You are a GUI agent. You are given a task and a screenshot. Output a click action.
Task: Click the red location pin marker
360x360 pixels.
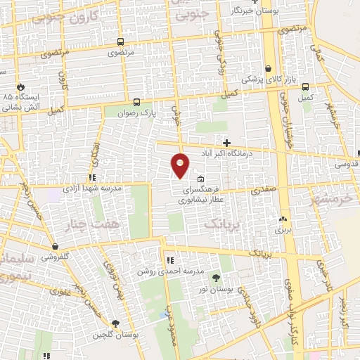click(181, 165)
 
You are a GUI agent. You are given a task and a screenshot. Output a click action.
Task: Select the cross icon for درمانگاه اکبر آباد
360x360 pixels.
click(226, 142)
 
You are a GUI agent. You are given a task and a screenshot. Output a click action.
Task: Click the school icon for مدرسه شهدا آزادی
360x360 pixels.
click(92, 178)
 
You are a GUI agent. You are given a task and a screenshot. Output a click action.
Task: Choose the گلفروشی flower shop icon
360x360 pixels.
click(54, 247)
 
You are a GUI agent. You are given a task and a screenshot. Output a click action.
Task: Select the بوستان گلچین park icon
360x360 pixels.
click(116, 323)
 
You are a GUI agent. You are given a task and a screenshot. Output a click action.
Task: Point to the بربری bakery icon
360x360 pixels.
click(283, 219)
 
